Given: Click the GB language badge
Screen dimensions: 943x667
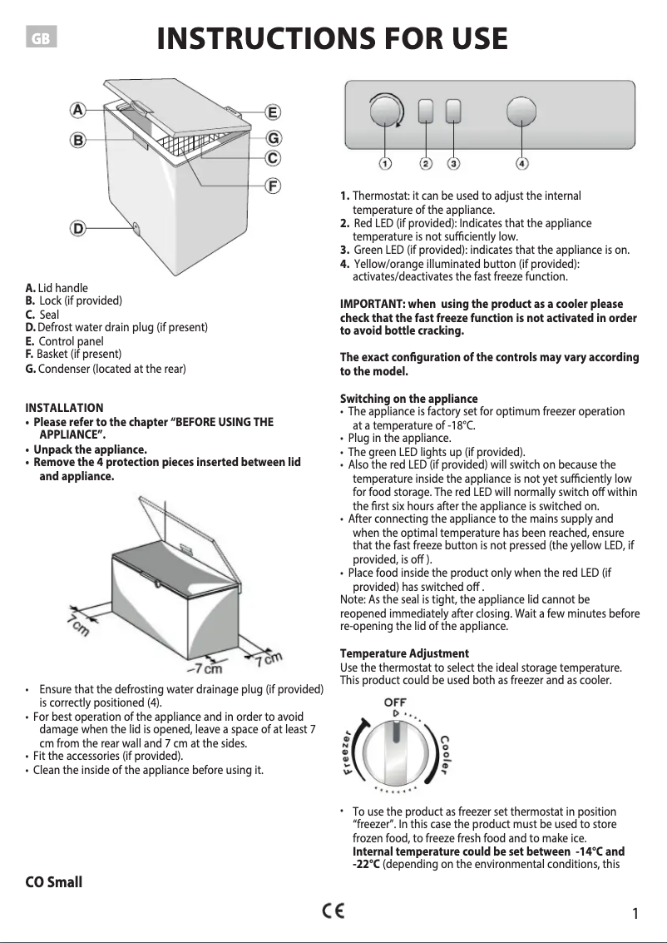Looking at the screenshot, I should tap(42, 39).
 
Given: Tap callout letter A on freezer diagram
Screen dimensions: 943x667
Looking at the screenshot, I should tap(77, 109).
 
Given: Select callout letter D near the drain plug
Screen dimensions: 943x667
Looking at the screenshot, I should tap(77, 227).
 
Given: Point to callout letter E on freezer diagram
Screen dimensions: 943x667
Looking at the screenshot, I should tap(272, 112).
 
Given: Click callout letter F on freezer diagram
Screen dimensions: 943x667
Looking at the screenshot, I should tap(272, 185).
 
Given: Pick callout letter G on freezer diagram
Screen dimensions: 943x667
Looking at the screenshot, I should tap(272, 137).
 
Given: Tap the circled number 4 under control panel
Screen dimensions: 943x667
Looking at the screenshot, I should tap(521, 163).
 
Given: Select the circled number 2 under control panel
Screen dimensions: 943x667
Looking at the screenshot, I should tap(426, 163).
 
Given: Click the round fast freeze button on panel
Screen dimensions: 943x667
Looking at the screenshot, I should tap(521, 112).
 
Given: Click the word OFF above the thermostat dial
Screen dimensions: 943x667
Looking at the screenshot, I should tap(394, 703).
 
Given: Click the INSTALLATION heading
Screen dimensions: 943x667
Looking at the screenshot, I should tap(64, 408).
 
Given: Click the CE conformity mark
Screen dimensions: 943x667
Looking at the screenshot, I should tap(334, 910).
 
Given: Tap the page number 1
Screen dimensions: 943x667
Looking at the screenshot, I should tap(635, 914).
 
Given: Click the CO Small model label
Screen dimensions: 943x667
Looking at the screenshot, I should tap(54, 881).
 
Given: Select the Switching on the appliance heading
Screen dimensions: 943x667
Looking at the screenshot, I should tap(408, 398).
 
